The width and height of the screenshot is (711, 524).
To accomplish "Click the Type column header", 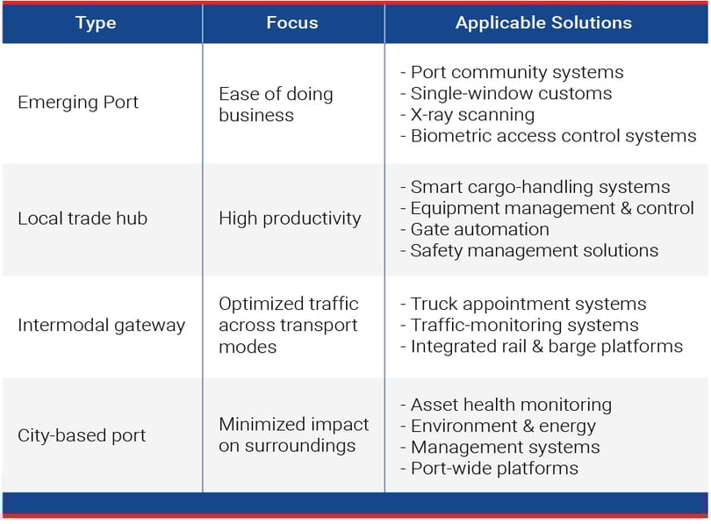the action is pyautogui.click(x=96, y=23).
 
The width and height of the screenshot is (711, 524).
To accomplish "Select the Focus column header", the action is pyautogui.click(x=292, y=23).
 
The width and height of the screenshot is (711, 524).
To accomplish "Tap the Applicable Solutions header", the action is pyautogui.click(x=543, y=23).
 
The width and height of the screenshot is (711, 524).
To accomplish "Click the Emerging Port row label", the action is pyautogui.click(x=78, y=103).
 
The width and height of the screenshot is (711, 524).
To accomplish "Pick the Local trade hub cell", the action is pyautogui.click(x=83, y=219).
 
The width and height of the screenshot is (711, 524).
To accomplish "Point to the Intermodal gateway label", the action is pyautogui.click(x=102, y=326).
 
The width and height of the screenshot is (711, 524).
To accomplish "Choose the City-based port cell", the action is pyautogui.click(x=82, y=435).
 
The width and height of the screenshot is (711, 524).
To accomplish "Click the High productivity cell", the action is pyautogui.click(x=290, y=219).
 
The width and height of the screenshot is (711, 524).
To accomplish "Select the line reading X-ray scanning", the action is pyautogui.click(x=468, y=115).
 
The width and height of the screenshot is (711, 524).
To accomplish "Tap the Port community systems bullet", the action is pyautogui.click(x=512, y=73).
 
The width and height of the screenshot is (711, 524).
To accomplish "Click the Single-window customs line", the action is pyautogui.click(x=506, y=93).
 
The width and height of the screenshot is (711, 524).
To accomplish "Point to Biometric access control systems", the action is pyautogui.click(x=549, y=136).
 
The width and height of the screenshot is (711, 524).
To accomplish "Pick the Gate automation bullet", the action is pyautogui.click(x=475, y=229).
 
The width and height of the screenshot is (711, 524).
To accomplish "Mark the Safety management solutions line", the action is pyautogui.click(x=529, y=251).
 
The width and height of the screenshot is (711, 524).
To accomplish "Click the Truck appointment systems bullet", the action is pyautogui.click(x=523, y=305).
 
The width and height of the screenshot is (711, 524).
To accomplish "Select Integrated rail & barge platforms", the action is pyautogui.click(x=542, y=347).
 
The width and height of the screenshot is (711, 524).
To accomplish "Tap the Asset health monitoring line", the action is pyautogui.click(x=506, y=406).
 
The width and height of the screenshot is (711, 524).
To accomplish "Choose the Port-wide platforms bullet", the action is pyautogui.click(x=489, y=469).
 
